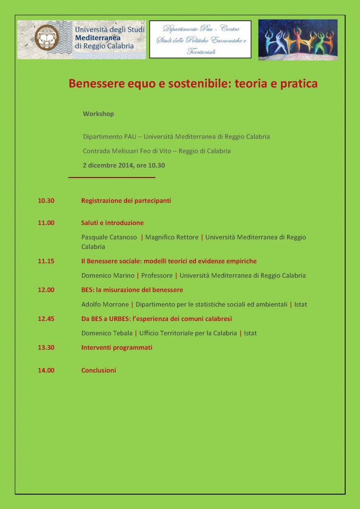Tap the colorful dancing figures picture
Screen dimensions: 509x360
[298, 39]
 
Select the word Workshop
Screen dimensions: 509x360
[98, 114]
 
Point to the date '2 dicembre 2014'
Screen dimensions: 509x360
[109, 165]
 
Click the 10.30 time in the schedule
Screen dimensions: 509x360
[46, 201]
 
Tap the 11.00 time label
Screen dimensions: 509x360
[46, 223]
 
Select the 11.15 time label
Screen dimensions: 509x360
[46, 261]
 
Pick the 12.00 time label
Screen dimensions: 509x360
[46, 290]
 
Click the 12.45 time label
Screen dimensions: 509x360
[46, 319]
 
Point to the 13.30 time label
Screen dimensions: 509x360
[46, 347]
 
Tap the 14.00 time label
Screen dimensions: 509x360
[46, 370]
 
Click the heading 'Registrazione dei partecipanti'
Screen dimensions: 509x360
[126, 201]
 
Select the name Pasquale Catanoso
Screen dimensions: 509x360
[109, 237]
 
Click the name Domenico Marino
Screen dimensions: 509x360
[108, 275]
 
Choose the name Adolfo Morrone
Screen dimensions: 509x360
[105, 304]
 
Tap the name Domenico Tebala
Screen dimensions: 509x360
[107, 333]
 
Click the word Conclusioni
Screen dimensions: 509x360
[98, 370]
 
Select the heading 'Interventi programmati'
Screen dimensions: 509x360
[117, 347]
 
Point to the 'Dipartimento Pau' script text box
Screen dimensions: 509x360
[200, 39]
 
